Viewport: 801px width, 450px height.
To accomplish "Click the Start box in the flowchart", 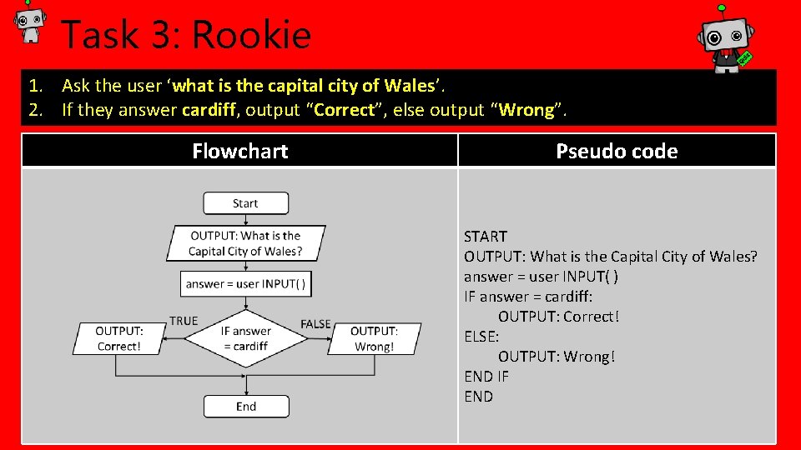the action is point(245,203).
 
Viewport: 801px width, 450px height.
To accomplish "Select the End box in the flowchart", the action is point(246,407).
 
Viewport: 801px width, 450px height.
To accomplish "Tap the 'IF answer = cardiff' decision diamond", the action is point(245,338).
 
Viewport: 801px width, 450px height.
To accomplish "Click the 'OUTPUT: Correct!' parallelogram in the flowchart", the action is point(119,338).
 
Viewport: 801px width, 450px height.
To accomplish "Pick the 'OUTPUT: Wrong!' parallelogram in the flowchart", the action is point(374,338).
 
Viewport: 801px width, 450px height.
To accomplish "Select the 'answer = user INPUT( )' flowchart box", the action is point(245,283).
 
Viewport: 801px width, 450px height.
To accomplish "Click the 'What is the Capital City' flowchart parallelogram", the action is point(245,242).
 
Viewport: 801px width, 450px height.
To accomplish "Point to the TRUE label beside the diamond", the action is point(184,321).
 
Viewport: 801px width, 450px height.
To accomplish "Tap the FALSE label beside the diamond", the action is point(315,323).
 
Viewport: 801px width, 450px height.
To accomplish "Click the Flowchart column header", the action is point(239,151).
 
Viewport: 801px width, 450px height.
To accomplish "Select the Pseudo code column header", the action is point(617,151).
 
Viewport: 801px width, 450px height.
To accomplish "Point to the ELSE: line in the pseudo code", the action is point(481,337).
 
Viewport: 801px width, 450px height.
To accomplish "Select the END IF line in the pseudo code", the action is point(486,377).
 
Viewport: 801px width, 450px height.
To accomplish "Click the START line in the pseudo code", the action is point(486,237).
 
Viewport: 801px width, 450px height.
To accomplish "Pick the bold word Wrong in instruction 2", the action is point(526,110).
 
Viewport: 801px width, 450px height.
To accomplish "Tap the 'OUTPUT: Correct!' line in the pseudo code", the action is point(559,317).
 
